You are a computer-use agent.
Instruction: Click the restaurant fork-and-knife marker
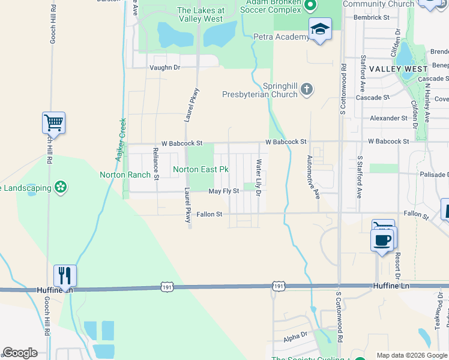[x=65, y=275]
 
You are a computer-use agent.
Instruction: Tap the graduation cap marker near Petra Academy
[x=320, y=29]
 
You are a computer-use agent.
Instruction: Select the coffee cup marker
[x=383, y=240]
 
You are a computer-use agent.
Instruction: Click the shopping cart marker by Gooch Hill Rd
[x=53, y=123]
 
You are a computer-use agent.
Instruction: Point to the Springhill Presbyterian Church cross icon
[x=307, y=89]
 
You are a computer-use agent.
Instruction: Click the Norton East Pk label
[x=200, y=170]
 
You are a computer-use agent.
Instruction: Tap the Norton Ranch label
[x=122, y=175]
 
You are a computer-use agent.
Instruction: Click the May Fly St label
[x=223, y=191]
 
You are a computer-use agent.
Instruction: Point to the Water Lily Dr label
[x=259, y=178]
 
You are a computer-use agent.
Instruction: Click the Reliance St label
[x=155, y=164]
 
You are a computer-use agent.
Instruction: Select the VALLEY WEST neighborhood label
[x=398, y=69]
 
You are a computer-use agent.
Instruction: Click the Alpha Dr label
[x=295, y=338]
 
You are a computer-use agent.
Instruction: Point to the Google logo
[x=20, y=353]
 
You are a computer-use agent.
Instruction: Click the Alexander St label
[x=389, y=119]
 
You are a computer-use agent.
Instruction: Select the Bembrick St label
[x=372, y=17]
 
